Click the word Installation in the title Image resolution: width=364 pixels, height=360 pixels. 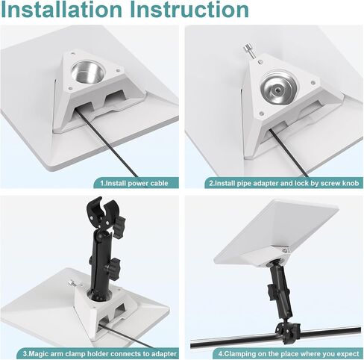point(62,10)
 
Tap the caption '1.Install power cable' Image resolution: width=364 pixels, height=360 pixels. point(134,184)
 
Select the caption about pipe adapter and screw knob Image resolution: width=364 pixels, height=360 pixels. point(284,184)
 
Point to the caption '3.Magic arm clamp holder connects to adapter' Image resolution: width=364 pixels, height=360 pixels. point(100,353)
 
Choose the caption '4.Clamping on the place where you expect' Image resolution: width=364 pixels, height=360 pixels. point(289,353)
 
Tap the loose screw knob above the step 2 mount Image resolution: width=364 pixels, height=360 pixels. point(250,51)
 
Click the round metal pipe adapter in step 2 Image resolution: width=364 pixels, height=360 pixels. point(278,88)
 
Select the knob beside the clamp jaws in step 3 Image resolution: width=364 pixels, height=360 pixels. point(120,227)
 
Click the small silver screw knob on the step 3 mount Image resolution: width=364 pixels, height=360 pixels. point(72,283)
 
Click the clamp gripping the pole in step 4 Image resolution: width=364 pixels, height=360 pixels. point(287,330)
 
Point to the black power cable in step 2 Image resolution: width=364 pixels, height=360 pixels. point(289,152)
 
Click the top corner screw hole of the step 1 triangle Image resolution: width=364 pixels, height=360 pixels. point(72,53)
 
